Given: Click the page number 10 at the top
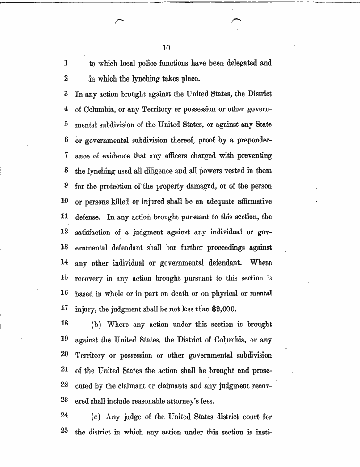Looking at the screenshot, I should [x=166, y=48].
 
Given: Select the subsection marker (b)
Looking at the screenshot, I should [x=97, y=325].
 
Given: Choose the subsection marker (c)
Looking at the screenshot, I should [x=97, y=417].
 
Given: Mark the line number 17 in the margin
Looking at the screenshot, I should [x=65, y=309].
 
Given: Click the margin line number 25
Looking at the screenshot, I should [x=65, y=432].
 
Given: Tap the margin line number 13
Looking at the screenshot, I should [x=65, y=247].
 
